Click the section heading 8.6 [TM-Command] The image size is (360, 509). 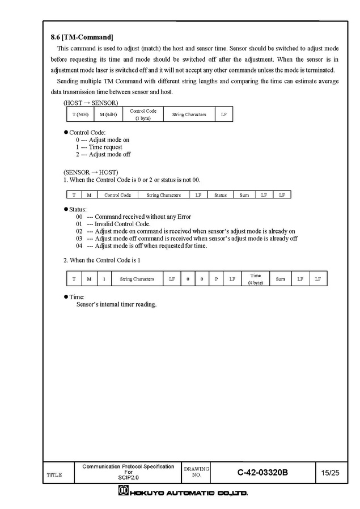coord(82,37)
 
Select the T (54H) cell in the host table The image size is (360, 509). coord(80,114)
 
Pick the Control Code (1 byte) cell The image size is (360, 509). coord(143,114)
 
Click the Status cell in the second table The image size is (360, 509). coord(220,195)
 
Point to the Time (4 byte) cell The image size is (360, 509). coord(256,279)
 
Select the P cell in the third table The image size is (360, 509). coord(217,279)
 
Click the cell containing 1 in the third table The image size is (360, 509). coord(104,279)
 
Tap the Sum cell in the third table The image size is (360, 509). coord(281,279)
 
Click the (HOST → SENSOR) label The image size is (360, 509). coord(91,103)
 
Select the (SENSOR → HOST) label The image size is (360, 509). coord(91,172)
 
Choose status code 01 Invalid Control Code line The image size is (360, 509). coord(113,224)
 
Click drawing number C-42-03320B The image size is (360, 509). coord(262,472)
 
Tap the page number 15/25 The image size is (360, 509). coord(330,472)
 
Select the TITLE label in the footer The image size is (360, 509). coord(54,474)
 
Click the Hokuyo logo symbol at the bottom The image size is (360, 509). coord(122,492)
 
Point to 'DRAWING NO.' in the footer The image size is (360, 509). coord(197,472)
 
